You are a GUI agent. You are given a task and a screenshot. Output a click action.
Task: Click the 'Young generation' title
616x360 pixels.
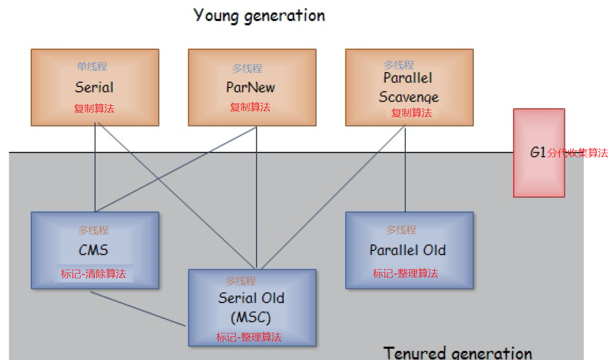[x=259, y=15]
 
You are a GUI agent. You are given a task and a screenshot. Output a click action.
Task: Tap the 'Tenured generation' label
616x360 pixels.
[x=458, y=352]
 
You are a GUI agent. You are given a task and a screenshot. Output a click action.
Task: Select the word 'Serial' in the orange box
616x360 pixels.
[x=94, y=87]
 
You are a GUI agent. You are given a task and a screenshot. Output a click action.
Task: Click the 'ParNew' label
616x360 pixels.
[x=250, y=87]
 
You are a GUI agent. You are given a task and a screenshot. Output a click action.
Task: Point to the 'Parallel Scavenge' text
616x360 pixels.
[x=408, y=87]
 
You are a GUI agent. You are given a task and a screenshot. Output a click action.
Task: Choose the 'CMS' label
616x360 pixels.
[x=93, y=250]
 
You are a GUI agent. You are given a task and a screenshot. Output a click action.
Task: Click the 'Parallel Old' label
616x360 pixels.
[x=407, y=250]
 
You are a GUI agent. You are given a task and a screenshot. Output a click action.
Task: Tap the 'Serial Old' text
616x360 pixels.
[x=251, y=298]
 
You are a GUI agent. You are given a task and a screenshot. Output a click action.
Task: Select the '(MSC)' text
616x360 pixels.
[x=251, y=317]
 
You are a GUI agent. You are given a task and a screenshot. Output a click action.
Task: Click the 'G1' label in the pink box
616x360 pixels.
[x=538, y=153]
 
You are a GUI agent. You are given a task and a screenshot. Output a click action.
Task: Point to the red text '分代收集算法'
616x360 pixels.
[x=578, y=154]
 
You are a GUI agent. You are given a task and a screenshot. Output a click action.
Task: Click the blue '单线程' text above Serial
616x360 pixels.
[x=92, y=67]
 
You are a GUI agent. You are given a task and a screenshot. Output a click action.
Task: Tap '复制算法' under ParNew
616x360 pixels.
[x=250, y=107]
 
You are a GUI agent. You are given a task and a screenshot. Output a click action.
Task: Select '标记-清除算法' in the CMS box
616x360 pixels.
[x=93, y=274]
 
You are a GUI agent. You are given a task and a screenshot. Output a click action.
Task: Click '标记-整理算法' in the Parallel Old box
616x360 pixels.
[x=405, y=274]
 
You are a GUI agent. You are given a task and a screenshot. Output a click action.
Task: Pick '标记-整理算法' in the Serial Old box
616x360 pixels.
[x=249, y=337]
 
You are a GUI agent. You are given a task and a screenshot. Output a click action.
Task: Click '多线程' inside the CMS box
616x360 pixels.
[x=93, y=230]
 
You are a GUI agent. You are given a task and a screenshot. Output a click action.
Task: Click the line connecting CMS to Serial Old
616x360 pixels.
[x=138, y=308]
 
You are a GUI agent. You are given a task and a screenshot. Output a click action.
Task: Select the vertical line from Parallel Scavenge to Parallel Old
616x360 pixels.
[x=405, y=169]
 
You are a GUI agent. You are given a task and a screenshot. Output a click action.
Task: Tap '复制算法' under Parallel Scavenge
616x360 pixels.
[x=411, y=113]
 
